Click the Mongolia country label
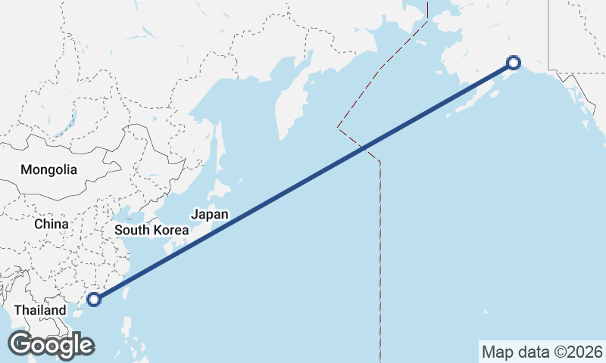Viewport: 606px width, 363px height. coord(48,169)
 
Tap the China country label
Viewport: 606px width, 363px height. coord(52,224)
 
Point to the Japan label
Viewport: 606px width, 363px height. coord(209,214)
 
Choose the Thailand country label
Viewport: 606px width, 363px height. coord(40,310)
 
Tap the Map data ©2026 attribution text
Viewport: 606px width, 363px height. coord(542,352)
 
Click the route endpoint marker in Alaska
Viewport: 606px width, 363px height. coord(514,63)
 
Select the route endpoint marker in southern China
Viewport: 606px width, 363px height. coord(94,299)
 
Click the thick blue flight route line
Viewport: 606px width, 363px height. coord(303,181)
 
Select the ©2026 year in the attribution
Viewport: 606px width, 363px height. coord(580,352)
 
